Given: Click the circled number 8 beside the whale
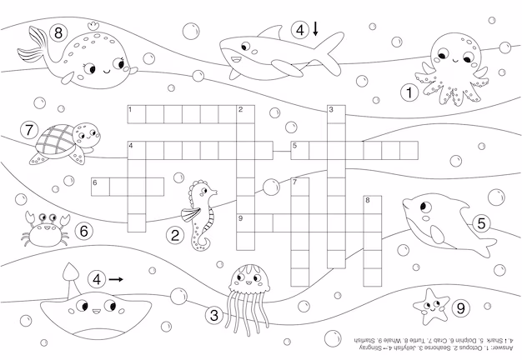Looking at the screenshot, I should (58, 34).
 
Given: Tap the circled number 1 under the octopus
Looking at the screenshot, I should (409, 93).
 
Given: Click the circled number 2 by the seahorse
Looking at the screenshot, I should (175, 236).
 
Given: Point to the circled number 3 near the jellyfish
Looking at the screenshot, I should (214, 315).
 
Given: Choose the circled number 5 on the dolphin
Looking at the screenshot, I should (481, 223).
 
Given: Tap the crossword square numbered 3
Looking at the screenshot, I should (336, 113).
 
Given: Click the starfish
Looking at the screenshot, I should (431, 306).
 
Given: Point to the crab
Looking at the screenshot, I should (43, 229).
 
